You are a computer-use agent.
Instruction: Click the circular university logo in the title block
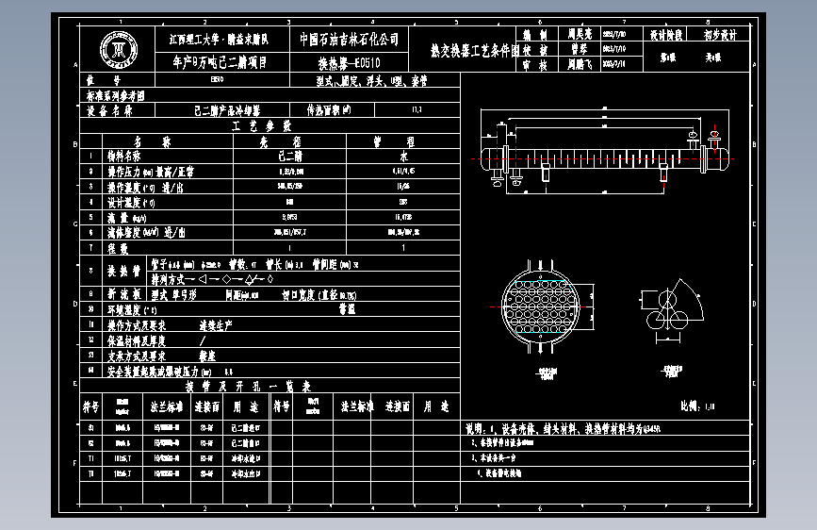[x=119, y=50]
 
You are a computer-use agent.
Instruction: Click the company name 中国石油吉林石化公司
[x=350, y=40]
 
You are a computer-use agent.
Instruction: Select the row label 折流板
[x=126, y=293]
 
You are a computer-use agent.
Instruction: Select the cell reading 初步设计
[x=721, y=34]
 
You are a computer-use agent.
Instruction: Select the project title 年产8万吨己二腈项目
[x=220, y=63]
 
